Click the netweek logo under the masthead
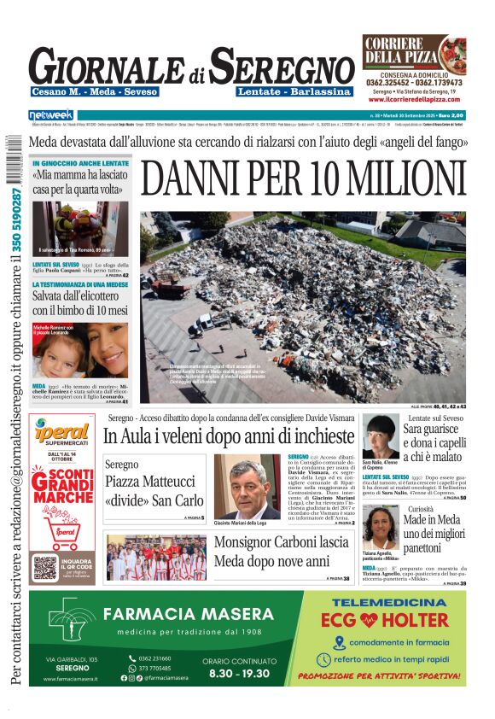tap(51, 114)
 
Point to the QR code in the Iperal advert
tap(45, 567)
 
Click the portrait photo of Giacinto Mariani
tap(247, 486)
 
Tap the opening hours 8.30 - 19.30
tap(236, 673)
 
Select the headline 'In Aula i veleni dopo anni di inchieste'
tap(229, 435)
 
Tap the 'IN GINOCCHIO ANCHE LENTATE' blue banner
tap(80, 163)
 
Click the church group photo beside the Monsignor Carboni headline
tap(155, 558)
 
